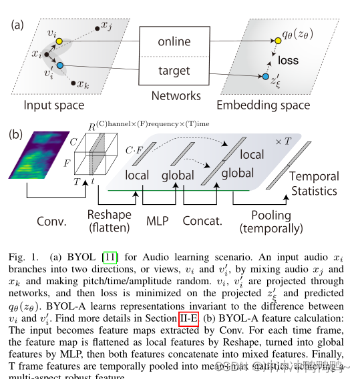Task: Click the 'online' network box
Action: [174, 42]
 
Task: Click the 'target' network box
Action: [174, 71]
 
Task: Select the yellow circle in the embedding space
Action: [268, 41]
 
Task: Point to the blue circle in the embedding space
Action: [266, 77]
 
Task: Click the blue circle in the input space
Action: [59, 66]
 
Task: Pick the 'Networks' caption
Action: [176, 95]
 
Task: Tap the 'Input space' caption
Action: [53, 105]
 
